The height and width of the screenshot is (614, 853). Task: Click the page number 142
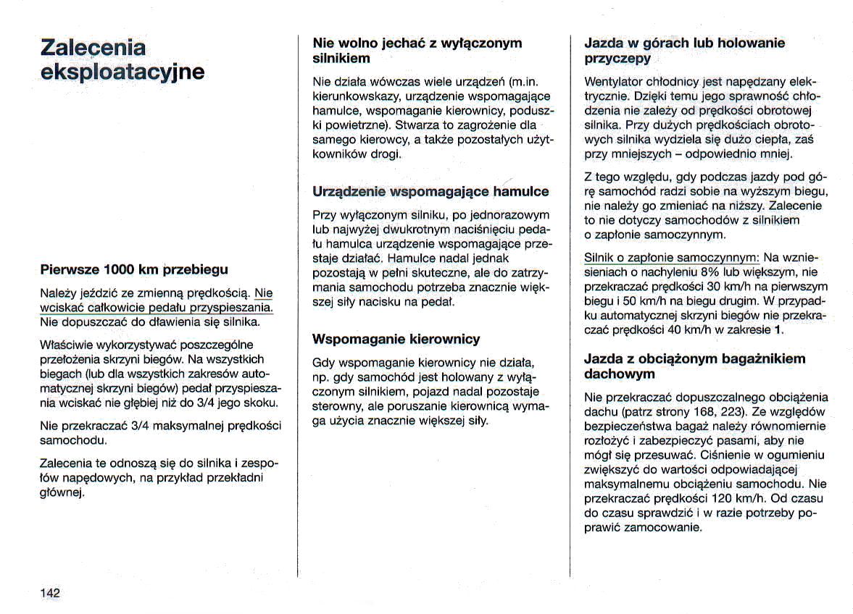pyautogui.click(x=50, y=592)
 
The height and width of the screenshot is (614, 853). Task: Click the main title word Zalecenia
pyautogui.click(x=93, y=47)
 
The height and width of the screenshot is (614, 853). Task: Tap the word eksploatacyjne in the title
pyautogui.click(x=122, y=72)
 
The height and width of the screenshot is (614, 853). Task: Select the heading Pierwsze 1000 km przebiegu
pyautogui.click(x=134, y=270)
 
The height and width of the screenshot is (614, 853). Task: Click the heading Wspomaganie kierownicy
pyautogui.click(x=396, y=339)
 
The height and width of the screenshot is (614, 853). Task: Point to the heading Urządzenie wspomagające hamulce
pyautogui.click(x=430, y=192)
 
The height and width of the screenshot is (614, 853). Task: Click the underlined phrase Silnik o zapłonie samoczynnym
pyautogui.click(x=671, y=258)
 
